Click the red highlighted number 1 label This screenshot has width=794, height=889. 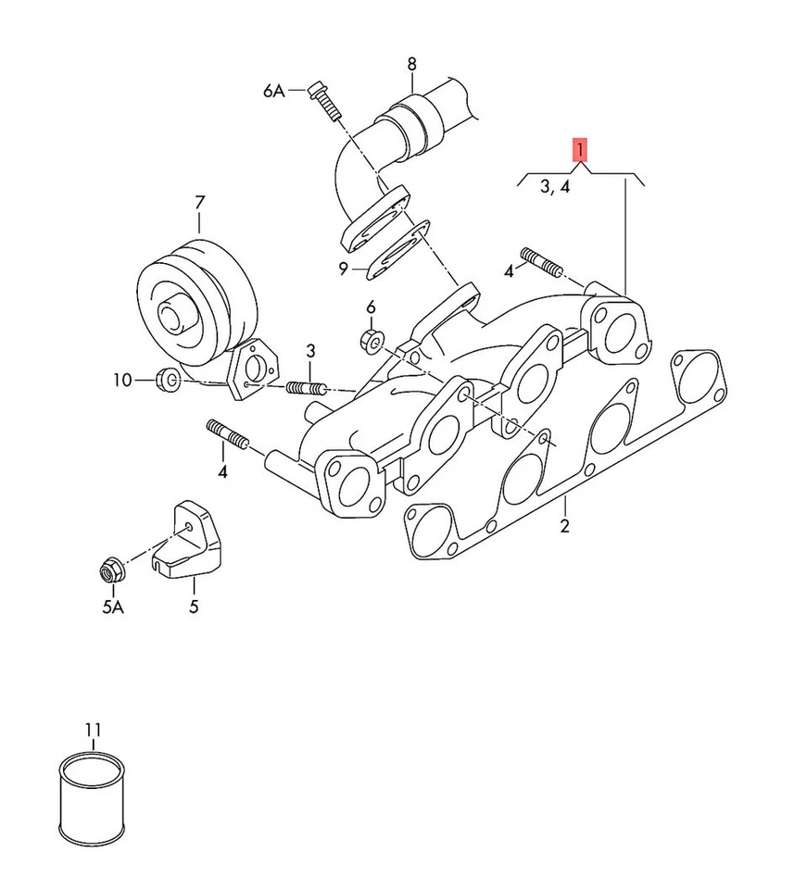(579, 149)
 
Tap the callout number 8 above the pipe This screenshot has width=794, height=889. (411, 64)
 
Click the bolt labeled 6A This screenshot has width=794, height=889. (323, 102)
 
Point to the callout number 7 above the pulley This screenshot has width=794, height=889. (198, 201)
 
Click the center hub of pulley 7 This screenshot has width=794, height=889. (172, 315)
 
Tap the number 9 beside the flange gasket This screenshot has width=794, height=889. (344, 269)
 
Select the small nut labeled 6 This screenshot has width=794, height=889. (372, 340)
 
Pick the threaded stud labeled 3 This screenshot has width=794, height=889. (307, 386)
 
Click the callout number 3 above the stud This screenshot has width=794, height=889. (311, 350)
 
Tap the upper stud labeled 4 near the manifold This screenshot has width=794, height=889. (543, 262)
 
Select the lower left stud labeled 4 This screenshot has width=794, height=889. (227, 435)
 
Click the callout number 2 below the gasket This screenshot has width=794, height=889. (565, 527)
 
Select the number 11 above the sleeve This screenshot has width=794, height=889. (93, 731)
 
